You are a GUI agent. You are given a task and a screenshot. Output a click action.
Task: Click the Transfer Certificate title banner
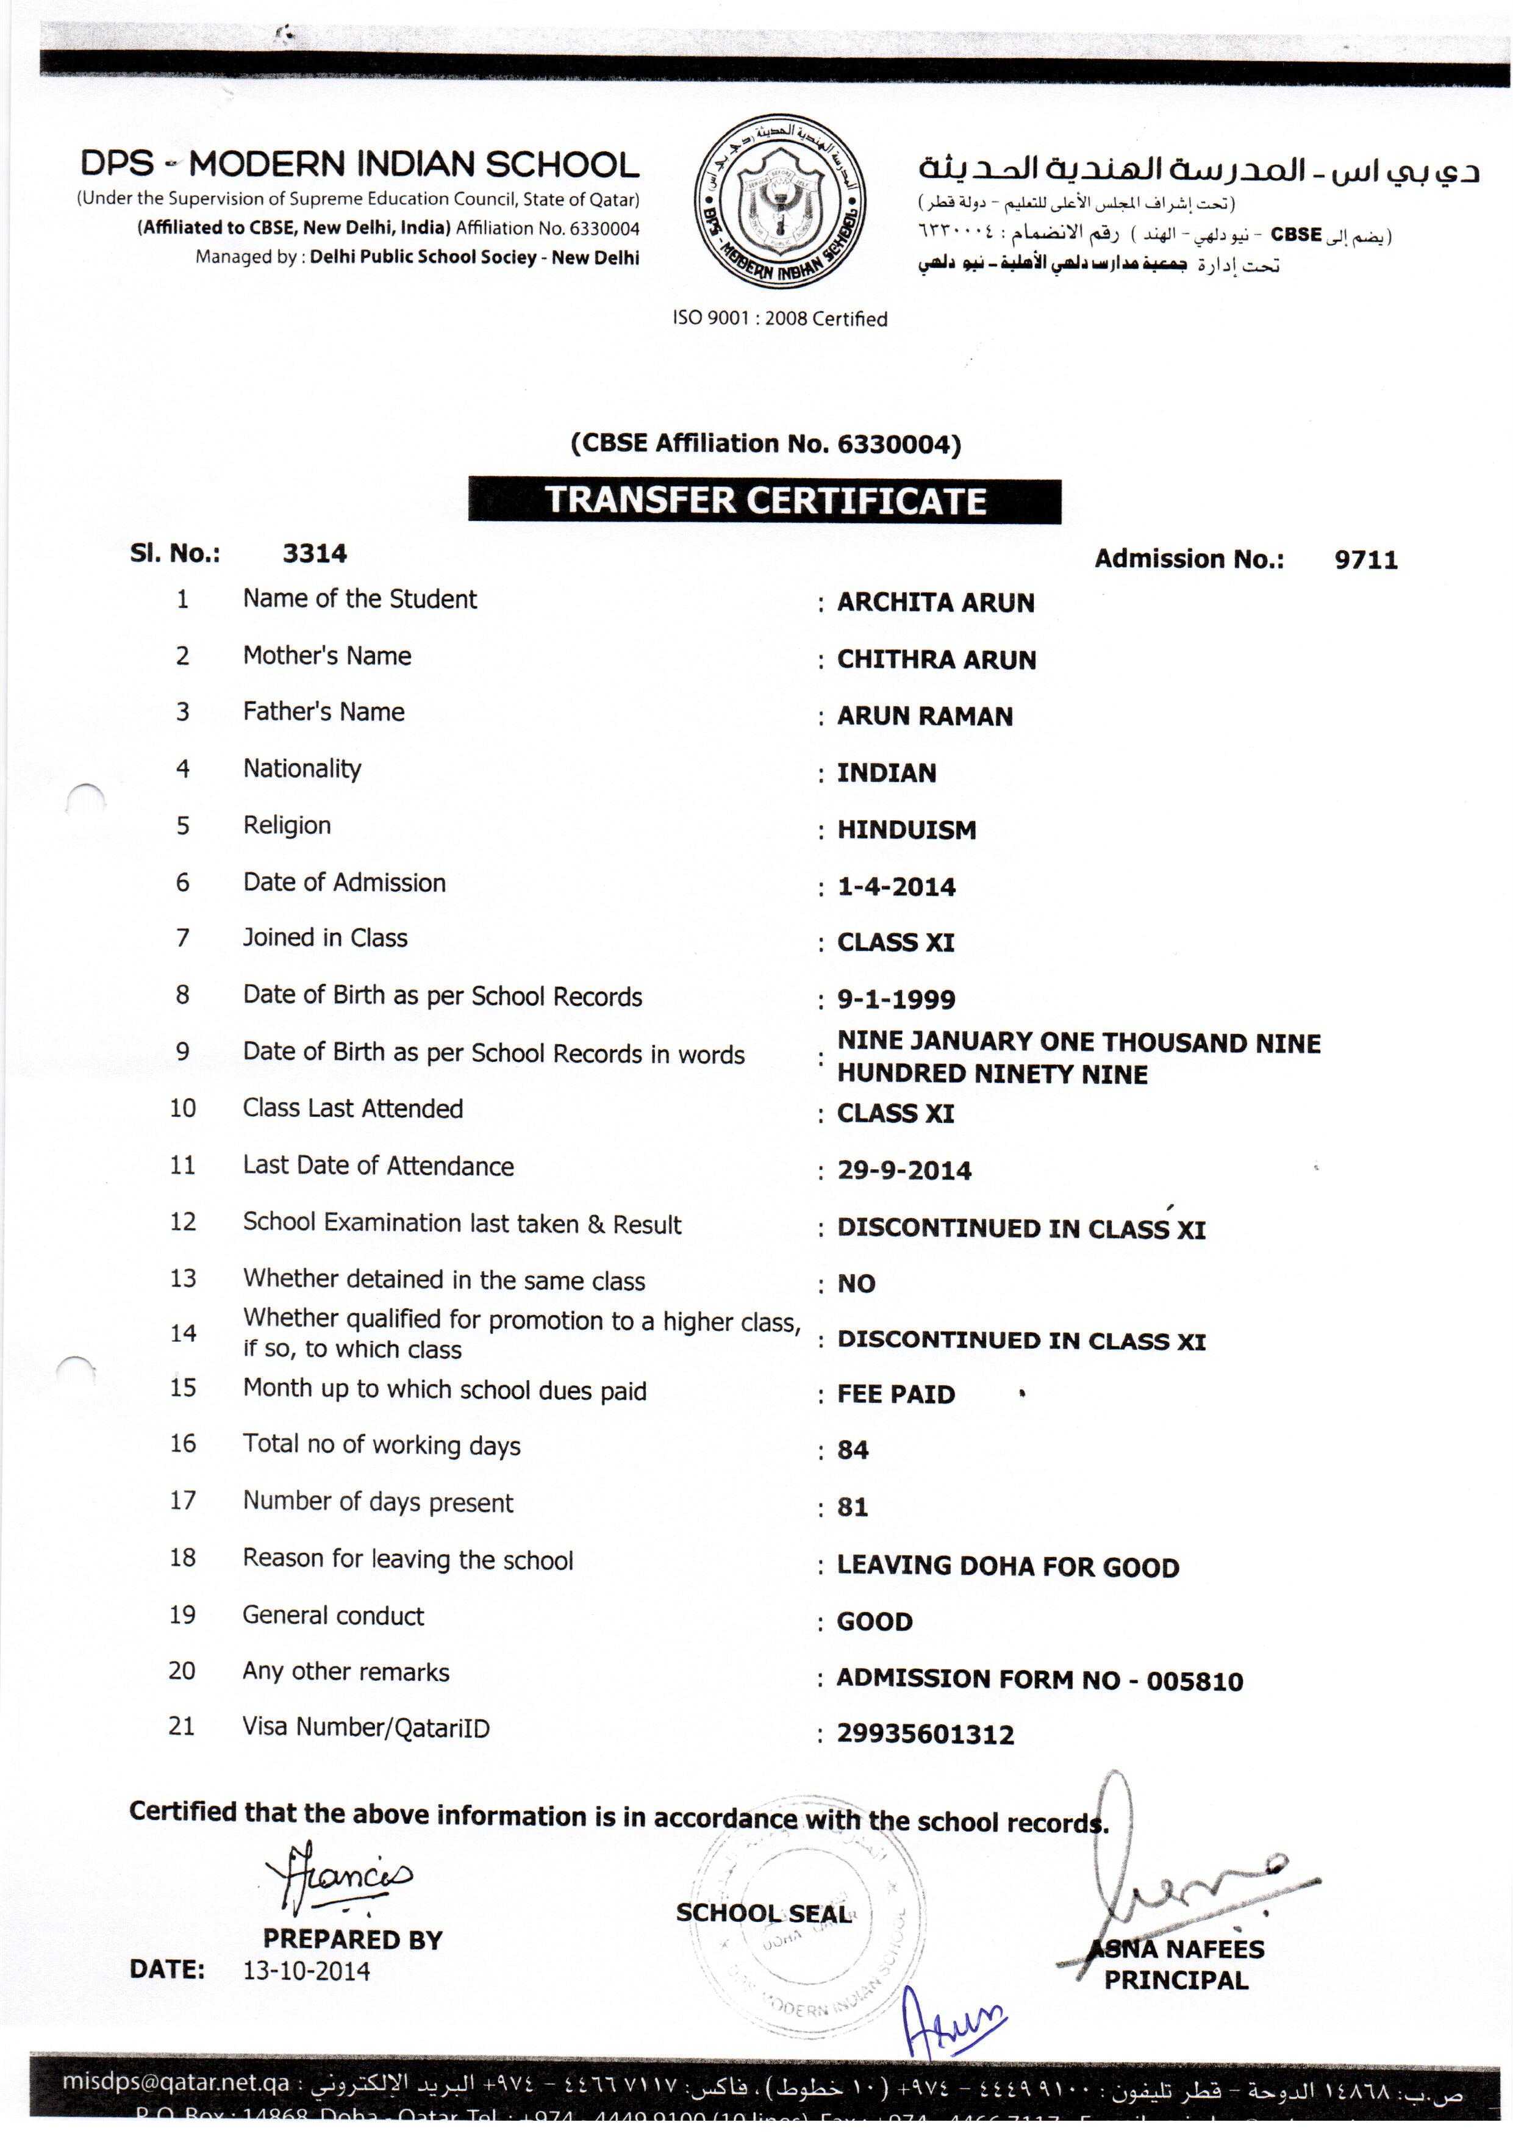764,501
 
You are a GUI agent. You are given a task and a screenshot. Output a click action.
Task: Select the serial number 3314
314,553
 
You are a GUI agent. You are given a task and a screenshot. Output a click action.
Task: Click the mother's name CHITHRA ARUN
935,659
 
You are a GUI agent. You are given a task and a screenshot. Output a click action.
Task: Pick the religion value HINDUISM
906,830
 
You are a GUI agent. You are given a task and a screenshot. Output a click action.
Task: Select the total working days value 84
853,1450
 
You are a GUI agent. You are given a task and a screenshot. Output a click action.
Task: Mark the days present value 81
853,1507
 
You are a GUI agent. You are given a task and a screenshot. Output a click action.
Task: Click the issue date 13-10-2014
307,1971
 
